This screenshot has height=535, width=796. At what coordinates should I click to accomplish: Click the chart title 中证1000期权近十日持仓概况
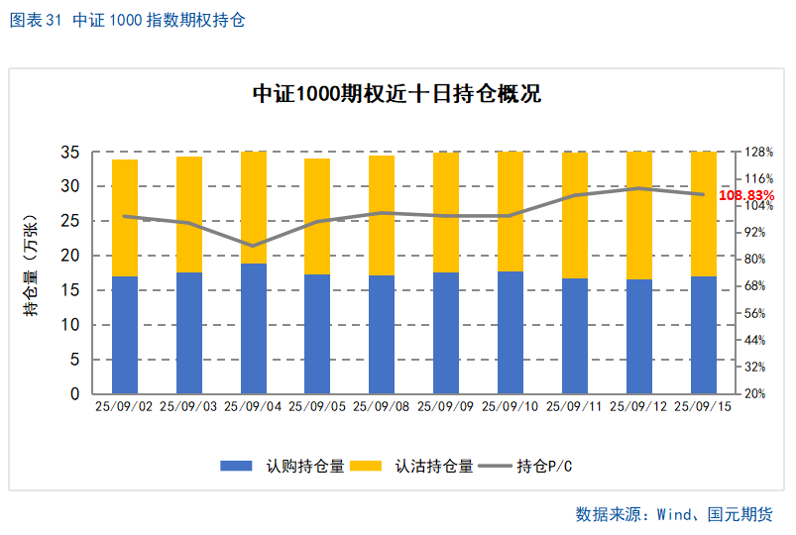click(397, 95)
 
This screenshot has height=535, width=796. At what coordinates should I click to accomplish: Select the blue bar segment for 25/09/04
click(254, 329)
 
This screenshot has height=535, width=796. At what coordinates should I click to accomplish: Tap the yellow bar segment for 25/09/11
click(575, 215)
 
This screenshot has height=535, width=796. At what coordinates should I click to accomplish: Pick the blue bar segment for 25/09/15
click(703, 335)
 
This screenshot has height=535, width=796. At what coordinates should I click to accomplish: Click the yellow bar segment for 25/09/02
click(125, 218)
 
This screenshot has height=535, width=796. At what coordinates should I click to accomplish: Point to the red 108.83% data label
click(746, 196)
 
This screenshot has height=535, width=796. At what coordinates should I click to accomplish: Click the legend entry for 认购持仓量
click(282, 466)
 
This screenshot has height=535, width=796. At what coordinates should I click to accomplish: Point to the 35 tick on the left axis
click(69, 153)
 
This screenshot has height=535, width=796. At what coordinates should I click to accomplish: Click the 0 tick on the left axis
click(74, 393)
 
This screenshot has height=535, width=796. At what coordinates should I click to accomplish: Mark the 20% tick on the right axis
click(755, 393)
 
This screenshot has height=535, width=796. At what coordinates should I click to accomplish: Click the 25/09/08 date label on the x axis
click(382, 406)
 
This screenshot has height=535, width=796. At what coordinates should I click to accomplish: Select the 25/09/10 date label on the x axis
click(511, 406)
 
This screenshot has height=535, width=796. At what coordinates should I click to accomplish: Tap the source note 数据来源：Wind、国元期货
click(673, 514)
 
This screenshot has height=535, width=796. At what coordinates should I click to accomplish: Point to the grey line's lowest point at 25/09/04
click(254, 246)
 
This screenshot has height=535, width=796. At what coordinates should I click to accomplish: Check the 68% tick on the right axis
click(755, 286)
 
